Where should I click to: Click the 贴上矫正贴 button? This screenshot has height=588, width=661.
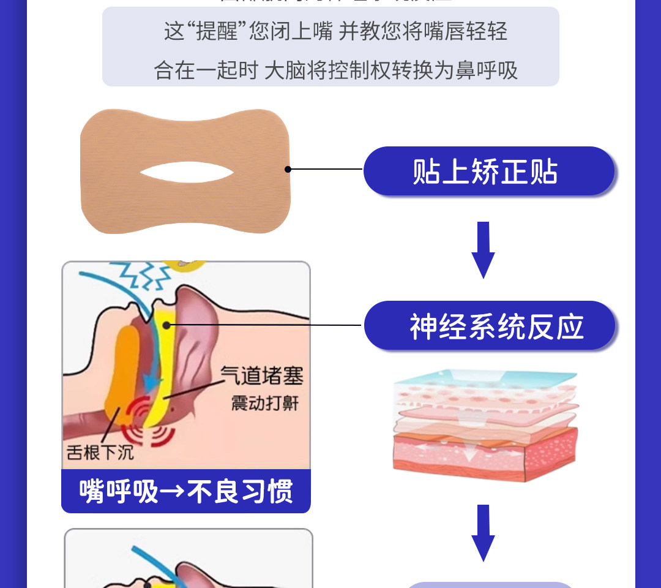[488, 171]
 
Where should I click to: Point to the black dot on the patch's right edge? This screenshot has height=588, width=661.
[288, 169]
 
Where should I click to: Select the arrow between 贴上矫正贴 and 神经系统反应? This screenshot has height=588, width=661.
[483, 249]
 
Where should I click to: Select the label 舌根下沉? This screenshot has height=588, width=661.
[100, 453]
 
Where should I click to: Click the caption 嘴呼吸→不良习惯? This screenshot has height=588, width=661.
[186, 491]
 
